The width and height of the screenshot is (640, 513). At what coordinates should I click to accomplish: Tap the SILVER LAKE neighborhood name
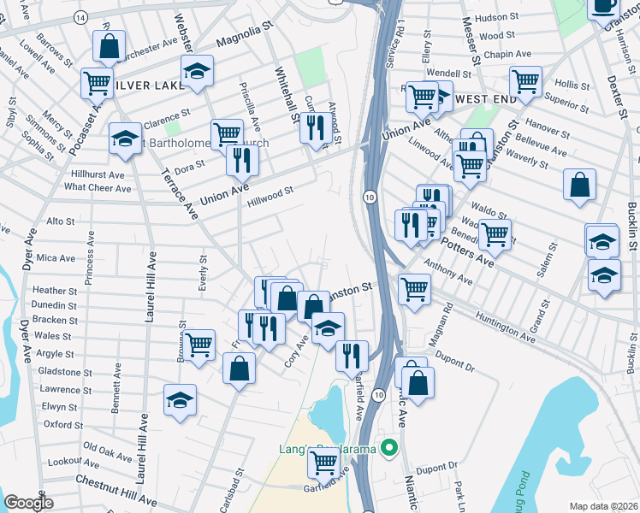(147, 85)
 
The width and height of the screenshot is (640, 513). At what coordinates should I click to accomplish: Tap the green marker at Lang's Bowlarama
(389, 447)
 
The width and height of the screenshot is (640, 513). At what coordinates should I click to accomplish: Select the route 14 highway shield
(80, 17)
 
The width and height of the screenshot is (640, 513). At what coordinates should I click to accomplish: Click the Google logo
(29, 503)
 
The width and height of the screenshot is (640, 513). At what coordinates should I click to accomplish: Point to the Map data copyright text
(604, 506)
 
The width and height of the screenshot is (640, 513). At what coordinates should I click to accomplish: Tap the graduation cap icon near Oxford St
(180, 399)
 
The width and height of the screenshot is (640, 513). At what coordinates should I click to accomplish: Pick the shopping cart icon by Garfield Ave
(323, 463)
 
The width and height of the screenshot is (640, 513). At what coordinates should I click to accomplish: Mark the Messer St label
(470, 42)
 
